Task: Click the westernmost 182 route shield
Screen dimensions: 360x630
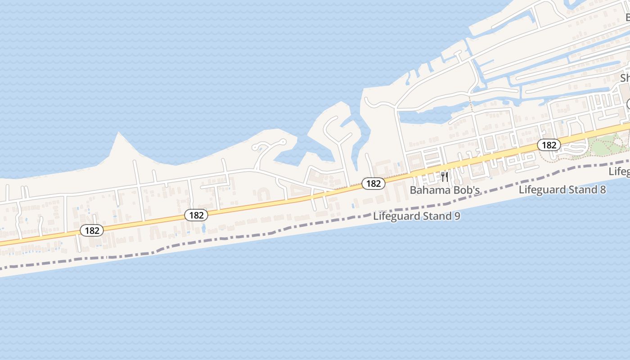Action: [x=92, y=230]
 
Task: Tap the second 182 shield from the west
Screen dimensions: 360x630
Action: [x=196, y=215]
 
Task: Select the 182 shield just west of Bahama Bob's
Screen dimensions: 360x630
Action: [x=373, y=183]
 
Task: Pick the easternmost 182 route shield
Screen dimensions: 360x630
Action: [x=549, y=145]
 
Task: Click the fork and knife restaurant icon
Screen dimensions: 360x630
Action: [x=445, y=176]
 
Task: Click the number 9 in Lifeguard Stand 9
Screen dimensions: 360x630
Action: [x=457, y=216]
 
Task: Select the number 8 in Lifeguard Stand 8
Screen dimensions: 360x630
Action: [x=602, y=189]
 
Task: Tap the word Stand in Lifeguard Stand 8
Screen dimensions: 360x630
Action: [x=580, y=189]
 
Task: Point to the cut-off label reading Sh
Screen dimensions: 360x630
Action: [x=625, y=78]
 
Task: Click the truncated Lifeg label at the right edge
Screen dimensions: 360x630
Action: [x=619, y=171]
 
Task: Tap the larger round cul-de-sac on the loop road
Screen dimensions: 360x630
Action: [x=283, y=142]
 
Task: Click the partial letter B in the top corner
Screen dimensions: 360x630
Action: [x=628, y=17]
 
